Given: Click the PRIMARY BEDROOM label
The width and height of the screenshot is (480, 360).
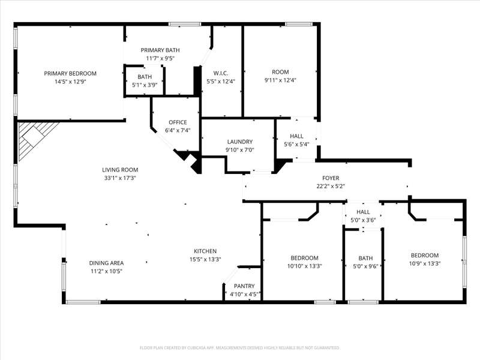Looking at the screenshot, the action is pyautogui.click(x=70, y=73).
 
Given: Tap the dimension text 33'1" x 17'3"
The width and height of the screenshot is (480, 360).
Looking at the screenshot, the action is pyautogui.click(x=120, y=178).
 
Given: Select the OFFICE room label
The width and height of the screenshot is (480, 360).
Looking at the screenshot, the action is pyautogui.click(x=178, y=122).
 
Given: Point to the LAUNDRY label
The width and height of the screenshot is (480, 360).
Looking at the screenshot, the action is pyautogui.click(x=239, y=142).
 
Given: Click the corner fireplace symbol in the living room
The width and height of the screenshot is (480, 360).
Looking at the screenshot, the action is pyautogui.click(x=34, y=138).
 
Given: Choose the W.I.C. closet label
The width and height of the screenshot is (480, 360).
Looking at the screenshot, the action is pyautogui.click(x=220, y=73).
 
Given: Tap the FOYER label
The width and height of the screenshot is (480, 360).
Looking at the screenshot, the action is pyautogui.click(x=331, y=178).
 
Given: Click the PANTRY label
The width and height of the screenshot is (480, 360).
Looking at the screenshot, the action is pyautogui.click(x=244, y=286).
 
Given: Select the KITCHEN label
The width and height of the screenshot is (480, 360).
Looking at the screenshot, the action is pyautogui.click(x=205, y=251).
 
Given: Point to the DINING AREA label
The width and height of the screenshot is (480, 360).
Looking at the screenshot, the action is pyautogui.click(x=106, y=263).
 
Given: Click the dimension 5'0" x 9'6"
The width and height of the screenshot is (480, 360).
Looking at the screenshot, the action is pyautogui.click(x=365, y=266).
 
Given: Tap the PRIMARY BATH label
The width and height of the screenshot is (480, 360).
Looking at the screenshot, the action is pyautogui.click(x=160, y=50).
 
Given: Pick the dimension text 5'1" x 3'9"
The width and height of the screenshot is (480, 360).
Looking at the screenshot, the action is pyautogui.click(x=145, y=85).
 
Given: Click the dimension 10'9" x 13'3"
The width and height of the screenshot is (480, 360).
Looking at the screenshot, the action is pyautogui.click(x=425, y=263).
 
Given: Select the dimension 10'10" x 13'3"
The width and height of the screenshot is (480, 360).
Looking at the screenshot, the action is pyautogui.click(x=304, y=266).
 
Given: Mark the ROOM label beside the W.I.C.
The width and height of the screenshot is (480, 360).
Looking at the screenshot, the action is pyautogui.click(x=280, y=72).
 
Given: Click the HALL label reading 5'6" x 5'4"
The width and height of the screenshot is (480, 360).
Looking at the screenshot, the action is pyautogui.click(x=296, y=136).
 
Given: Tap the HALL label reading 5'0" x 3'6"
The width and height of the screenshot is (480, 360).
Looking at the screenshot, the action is pyautogui.click(x=363, y=212).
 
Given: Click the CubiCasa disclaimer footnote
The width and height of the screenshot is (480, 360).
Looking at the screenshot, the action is pyautogui.click(x=239, y=348).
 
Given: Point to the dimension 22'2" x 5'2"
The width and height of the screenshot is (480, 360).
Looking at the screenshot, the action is pyautogui.click(x=331, y=186).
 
